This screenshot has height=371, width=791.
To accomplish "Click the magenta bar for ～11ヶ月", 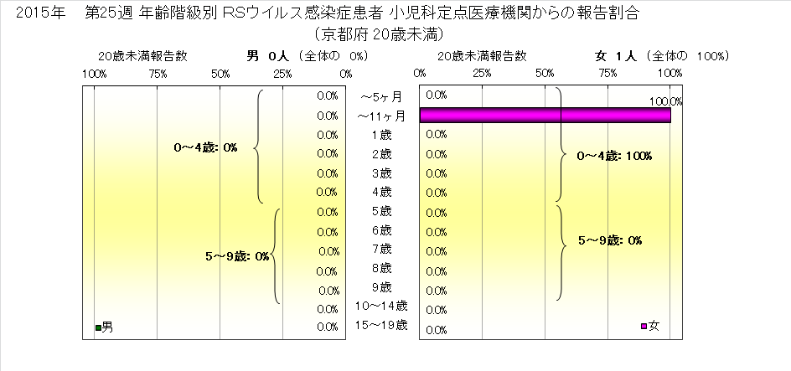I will coord(545,115).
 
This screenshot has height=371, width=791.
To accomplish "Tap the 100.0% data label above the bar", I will coord(666,101).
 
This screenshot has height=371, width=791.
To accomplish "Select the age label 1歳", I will coord(381,134).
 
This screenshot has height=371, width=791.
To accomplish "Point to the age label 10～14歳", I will coord(382,305).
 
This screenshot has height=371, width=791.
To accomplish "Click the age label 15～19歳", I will coord(382,324).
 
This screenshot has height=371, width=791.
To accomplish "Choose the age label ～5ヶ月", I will coord(382,96).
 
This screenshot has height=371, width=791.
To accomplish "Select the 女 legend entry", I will coord(649,326).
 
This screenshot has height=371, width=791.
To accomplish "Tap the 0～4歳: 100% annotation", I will coord(614,156).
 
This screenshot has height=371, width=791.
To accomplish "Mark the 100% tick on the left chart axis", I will coord(94,75).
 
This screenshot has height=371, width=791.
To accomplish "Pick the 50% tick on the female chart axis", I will coord(545,75).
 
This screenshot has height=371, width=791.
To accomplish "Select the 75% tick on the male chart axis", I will coord(158,75).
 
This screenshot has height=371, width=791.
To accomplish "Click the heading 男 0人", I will coord(267,56).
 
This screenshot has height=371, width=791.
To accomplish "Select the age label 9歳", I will coord(381,286).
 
